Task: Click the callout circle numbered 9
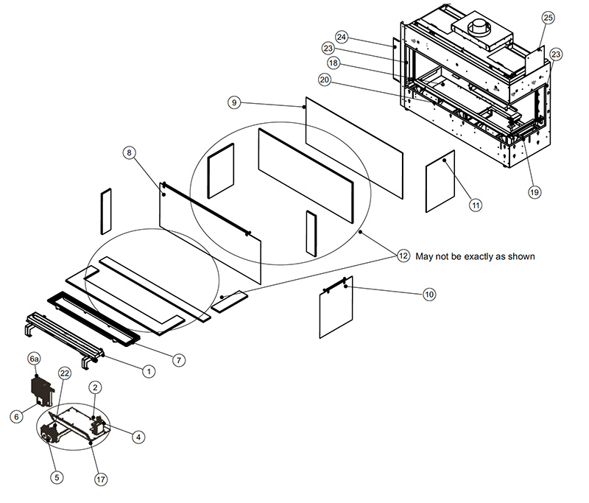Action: click(233, 103)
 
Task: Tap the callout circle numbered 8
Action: click(129, 152)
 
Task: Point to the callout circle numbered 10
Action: click(429, 294)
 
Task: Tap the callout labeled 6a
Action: click(33, 359)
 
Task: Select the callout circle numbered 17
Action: click(101, 479)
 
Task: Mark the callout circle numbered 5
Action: click(57, 476)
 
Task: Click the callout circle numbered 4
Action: click(138, 436)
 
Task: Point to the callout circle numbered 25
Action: click(547, 17)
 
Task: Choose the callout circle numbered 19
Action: click(534, 192)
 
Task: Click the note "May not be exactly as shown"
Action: click(475, 256)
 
